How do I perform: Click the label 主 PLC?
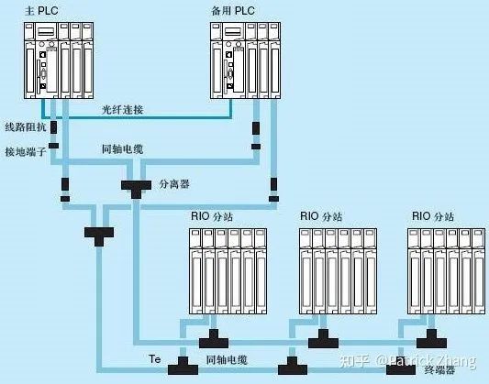(25, 9)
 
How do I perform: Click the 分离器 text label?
(173, 183)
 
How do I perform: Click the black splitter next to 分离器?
(139, 186)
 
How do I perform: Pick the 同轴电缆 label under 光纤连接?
(122, 148)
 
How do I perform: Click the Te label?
(154, 360)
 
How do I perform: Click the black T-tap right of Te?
(182, 368)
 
